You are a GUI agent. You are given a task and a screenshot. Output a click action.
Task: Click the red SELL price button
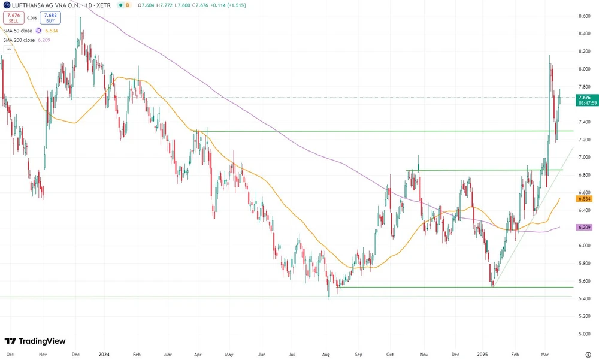click(x=13, y=17)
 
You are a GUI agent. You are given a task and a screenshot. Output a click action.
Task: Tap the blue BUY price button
click(x=51, y=17)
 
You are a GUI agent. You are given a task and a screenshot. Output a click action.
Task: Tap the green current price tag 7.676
click(x=585, y=100)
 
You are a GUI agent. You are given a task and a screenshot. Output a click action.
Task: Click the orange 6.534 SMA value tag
click(x=584, y=198)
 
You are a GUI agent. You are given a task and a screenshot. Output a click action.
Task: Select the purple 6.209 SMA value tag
click(x=584, y=228)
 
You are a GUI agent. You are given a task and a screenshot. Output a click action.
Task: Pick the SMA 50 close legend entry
click(x=17, y=31)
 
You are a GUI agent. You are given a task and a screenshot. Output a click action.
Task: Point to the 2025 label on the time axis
click(x=482, y=354)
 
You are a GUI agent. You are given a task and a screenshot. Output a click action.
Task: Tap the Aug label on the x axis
click(x=325, y=354)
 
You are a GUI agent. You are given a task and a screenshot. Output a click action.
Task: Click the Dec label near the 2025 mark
click(x=453, y=354)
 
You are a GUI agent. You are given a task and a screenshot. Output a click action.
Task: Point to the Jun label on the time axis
click(x=262, y=354)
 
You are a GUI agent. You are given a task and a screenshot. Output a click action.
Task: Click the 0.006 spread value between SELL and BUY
click(x=32, y=17)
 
